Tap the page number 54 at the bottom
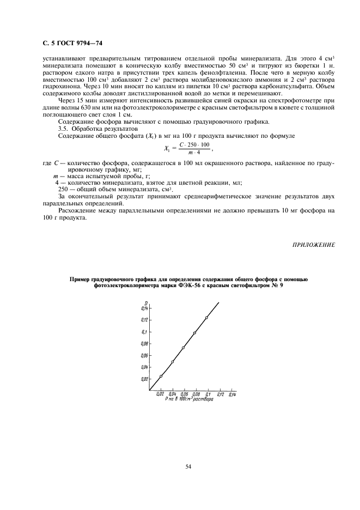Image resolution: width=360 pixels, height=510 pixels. [x=188, y=466]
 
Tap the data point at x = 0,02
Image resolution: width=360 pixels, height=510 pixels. [x=161, y=376]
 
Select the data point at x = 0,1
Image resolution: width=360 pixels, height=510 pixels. [x=206, y=318]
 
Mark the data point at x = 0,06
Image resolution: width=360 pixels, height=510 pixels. [x=183, y=348]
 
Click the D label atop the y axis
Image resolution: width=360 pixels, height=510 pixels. [x=146, y=303]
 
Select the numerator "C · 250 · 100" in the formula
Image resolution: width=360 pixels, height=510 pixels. [x=194, y=143]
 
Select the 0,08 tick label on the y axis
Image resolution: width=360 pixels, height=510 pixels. [x=144, y=343]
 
